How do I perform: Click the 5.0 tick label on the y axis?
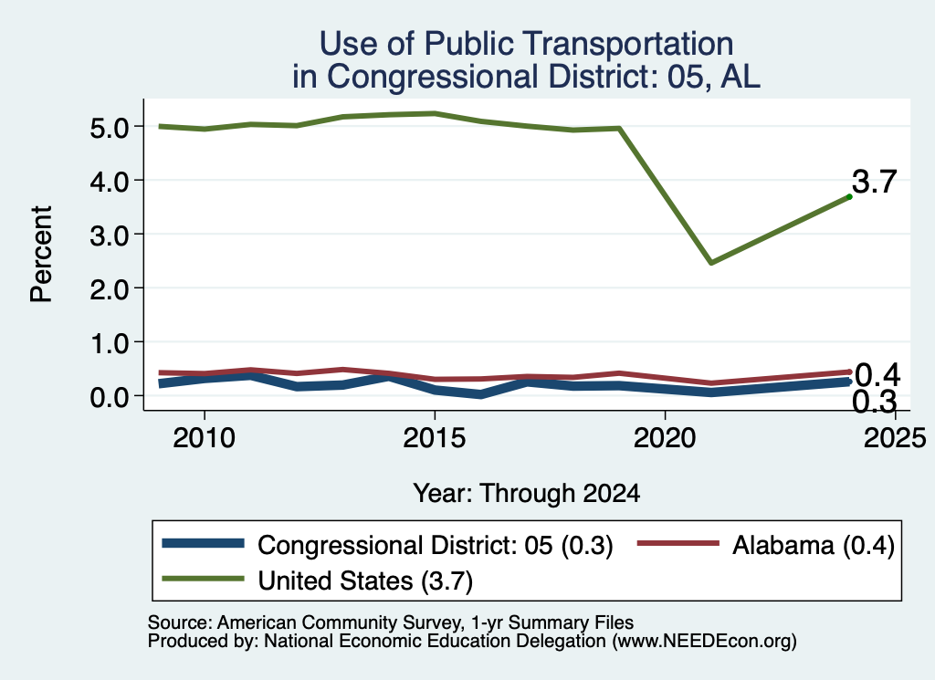coord(110,127)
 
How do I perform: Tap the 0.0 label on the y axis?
coord(110,396)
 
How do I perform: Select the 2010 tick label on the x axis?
coord(204,438)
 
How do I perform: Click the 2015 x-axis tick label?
coord(434,438)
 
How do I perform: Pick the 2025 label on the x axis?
coord(895,438)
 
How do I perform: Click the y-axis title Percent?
coord(41,255)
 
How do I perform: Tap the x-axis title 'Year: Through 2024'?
coord(527,494)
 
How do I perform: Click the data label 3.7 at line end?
coord(874,181)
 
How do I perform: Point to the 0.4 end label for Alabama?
coord(877,375)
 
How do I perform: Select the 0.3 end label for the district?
coord(874,402)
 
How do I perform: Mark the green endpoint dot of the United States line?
coord(849,196)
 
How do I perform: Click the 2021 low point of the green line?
coord(710,262)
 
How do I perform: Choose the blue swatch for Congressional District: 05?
coord(204,543)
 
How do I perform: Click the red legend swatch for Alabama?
coord(678,543)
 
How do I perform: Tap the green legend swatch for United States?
coord(204,579)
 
